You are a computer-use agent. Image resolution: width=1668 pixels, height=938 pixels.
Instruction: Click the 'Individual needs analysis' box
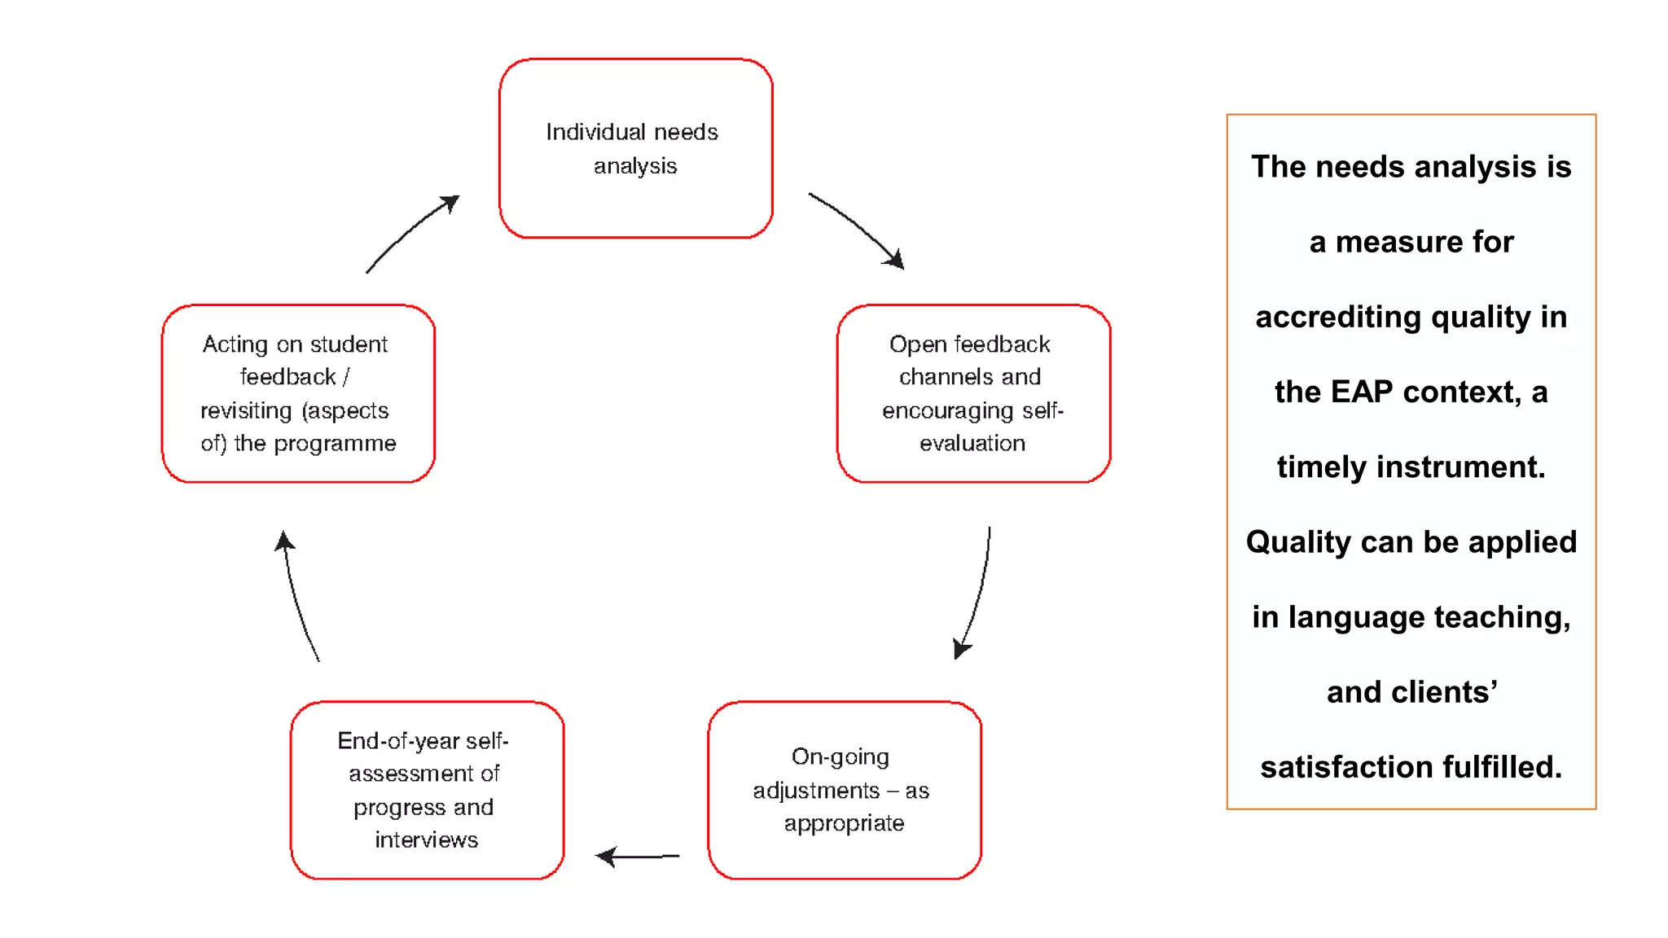[635, 148]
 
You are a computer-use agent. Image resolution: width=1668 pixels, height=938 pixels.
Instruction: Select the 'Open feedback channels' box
[973, 393]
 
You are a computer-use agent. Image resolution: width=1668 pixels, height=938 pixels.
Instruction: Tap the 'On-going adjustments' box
[844, 790]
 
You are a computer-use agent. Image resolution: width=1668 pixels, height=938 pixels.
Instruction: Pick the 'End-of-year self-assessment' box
[427, 790]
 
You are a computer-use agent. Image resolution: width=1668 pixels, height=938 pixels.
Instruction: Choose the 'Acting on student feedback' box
[298, 393]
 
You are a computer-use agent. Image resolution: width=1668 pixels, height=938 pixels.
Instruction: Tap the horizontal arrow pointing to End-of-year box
[638, 857]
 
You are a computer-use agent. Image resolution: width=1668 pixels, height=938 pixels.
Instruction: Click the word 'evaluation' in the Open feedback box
[972, 444]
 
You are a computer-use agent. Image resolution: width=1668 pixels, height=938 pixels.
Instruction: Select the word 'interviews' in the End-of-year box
[426, 840]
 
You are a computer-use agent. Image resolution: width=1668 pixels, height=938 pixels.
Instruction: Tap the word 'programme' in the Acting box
[335, 444]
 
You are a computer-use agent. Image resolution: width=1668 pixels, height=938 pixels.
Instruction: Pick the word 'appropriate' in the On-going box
[844, 824]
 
